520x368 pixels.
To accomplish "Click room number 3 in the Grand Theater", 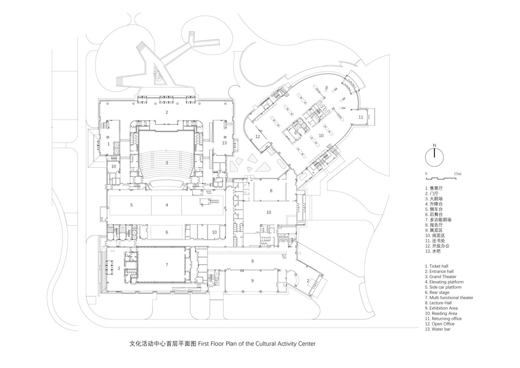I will (167, 163).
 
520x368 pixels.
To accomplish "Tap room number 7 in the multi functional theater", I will (167, 265).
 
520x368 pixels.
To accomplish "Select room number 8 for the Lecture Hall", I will (271, 191).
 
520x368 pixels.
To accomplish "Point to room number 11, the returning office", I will (361, 117).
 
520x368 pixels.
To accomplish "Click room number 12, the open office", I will (258, 137).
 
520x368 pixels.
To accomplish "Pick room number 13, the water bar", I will (224, 142).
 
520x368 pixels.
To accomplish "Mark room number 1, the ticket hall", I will (108, 144).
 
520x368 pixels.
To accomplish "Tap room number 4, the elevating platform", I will (167, 205).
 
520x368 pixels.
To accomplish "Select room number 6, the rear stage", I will (167, 232).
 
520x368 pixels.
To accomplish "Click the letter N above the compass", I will (434, 145).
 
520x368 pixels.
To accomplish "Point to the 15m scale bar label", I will (457, 173).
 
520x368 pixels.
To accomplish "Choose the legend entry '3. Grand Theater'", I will (441, 277).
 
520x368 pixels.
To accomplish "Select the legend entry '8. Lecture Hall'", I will (438, 303).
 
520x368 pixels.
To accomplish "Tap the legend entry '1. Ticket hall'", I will (437, 266).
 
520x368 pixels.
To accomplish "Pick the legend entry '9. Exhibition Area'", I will (441, 308).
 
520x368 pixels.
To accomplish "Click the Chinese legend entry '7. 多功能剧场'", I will (438, 220).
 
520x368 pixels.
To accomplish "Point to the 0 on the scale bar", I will (426, 173).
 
